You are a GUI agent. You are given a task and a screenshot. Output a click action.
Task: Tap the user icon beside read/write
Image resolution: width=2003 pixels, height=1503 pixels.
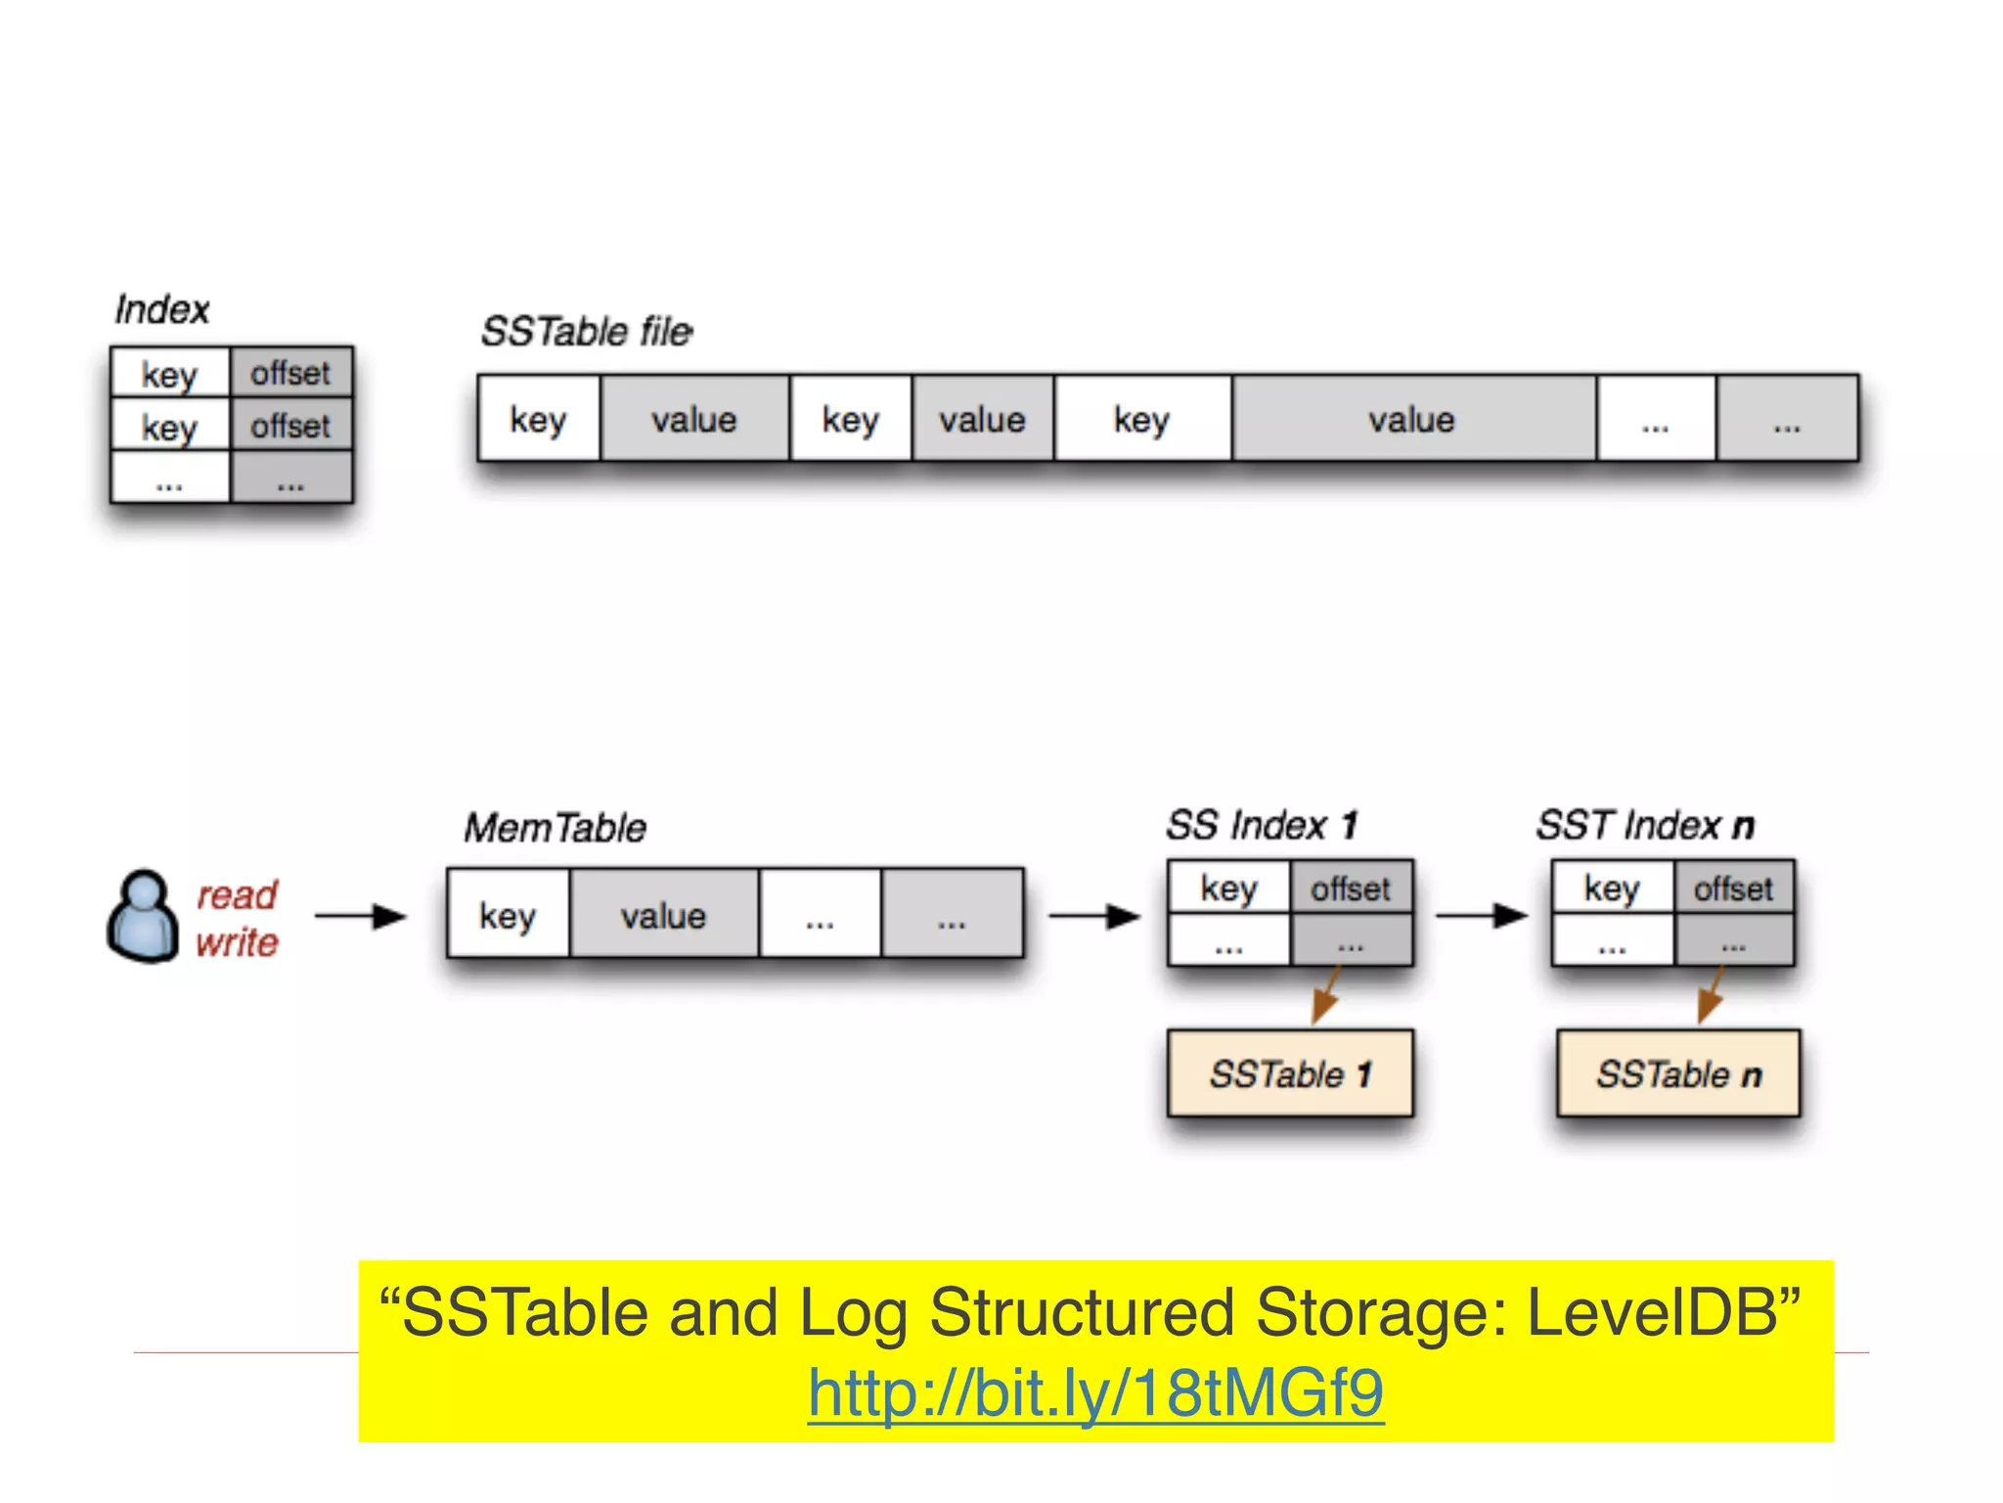[x=143, y=916]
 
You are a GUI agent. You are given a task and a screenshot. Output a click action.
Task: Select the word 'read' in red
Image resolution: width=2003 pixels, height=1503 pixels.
[x=237, y=894]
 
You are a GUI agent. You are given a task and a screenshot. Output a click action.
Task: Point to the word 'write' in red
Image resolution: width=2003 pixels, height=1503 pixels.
[x=237, y=942]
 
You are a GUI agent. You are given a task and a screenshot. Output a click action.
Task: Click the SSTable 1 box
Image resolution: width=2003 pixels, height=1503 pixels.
[x=1290, y=1073]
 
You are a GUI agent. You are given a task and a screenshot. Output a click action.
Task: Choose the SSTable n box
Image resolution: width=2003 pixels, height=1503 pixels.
[x=1677, y=1073]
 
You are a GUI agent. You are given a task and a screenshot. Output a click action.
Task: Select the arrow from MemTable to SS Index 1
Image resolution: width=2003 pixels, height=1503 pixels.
[x=1093, y=916]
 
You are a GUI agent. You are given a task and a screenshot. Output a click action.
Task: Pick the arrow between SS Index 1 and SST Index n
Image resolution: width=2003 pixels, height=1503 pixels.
[x=1481, y=916]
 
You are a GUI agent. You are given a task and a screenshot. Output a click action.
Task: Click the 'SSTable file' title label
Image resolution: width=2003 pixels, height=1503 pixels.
[x=587, y=332]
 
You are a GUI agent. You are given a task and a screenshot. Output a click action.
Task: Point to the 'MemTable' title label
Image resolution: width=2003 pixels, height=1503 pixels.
[x=555, y=828]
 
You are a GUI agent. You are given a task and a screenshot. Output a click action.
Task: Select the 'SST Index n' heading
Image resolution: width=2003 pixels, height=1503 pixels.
[x=1645, y=825]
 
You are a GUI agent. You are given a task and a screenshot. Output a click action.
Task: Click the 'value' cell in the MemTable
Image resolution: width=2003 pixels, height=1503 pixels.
[x=663, y=916]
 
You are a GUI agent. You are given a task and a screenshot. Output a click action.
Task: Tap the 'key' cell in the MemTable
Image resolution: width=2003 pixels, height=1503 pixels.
[x=508, y=916]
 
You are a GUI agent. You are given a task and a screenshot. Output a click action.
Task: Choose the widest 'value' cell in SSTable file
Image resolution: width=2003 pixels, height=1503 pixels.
[x=1412, y=420]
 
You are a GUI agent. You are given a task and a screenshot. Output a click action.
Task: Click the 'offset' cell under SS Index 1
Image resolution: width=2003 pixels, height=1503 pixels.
[x=1351, y=888]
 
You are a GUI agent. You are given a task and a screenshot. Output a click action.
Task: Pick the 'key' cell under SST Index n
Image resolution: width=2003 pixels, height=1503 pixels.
[x=1612, y=888]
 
